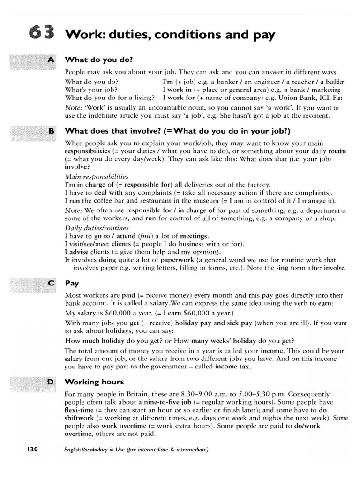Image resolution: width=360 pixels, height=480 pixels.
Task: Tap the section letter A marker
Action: pyautogui.click(x=51, y=60)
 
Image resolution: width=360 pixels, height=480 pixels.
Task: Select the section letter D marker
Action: pyautogui.click(x=51, y=382)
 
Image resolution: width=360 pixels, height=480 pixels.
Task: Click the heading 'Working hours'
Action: pyautogui.click(x=88, y=382)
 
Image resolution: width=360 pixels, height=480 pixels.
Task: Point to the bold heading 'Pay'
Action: pyautogui.click(x=72, y=284)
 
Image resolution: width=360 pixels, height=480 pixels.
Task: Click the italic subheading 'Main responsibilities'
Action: pyautogui.click(x=97, y=177)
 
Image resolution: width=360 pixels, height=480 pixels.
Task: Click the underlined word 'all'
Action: pyautogui.click(x=207, y=218)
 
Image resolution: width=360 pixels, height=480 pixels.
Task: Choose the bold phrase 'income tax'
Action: pyautogui.click(x=233, y=367)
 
